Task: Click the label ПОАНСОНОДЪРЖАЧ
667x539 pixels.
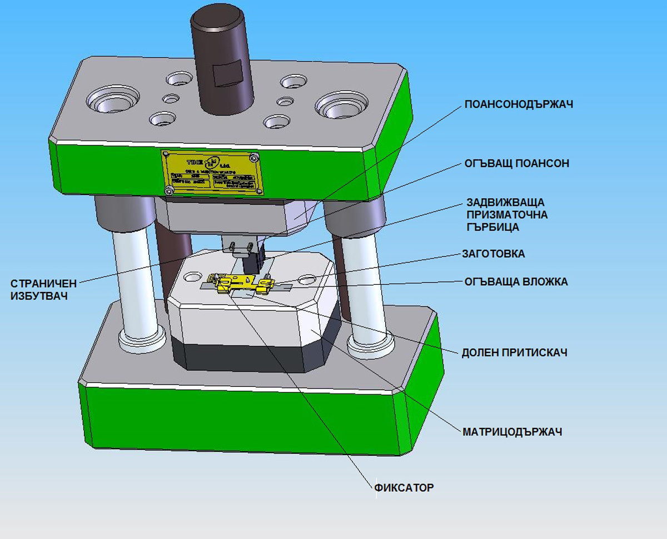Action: [x=519, y=104]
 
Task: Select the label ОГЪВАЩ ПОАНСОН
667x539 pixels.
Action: [x=517, y=164]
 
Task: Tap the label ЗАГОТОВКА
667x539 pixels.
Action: [x=493, y=254]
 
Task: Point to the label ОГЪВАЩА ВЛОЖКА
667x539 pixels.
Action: [x=516, y=281]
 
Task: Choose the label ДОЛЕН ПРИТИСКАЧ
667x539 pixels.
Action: [x=514, y=352]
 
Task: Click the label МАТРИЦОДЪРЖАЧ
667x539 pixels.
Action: [x=512, y=431]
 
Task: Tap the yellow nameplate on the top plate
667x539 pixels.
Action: [x=213, y=173]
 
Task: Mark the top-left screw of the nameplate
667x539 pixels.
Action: [x=165, y=154]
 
